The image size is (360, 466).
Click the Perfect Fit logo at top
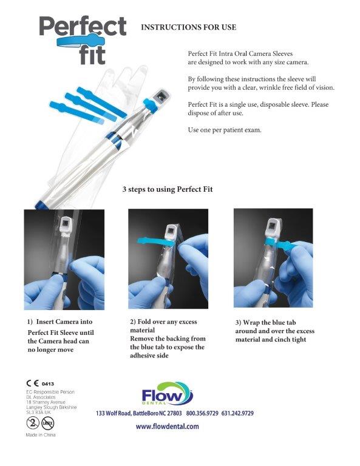83,40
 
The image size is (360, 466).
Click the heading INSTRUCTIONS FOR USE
188,27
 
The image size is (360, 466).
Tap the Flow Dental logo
168,393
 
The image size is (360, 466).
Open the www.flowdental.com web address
168,427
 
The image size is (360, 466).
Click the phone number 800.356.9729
202,413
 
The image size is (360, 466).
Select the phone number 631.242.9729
237,413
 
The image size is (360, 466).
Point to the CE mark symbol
32,383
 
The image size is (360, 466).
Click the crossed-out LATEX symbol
47,423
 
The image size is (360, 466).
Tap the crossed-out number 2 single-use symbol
33,423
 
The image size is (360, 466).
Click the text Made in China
41,435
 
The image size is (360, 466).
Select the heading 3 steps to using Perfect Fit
168,189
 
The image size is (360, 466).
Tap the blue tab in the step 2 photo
155,241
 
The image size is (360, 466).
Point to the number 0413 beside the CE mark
47,383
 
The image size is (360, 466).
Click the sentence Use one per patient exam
225,130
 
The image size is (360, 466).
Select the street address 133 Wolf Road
114,413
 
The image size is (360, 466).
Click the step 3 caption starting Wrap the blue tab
274,331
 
